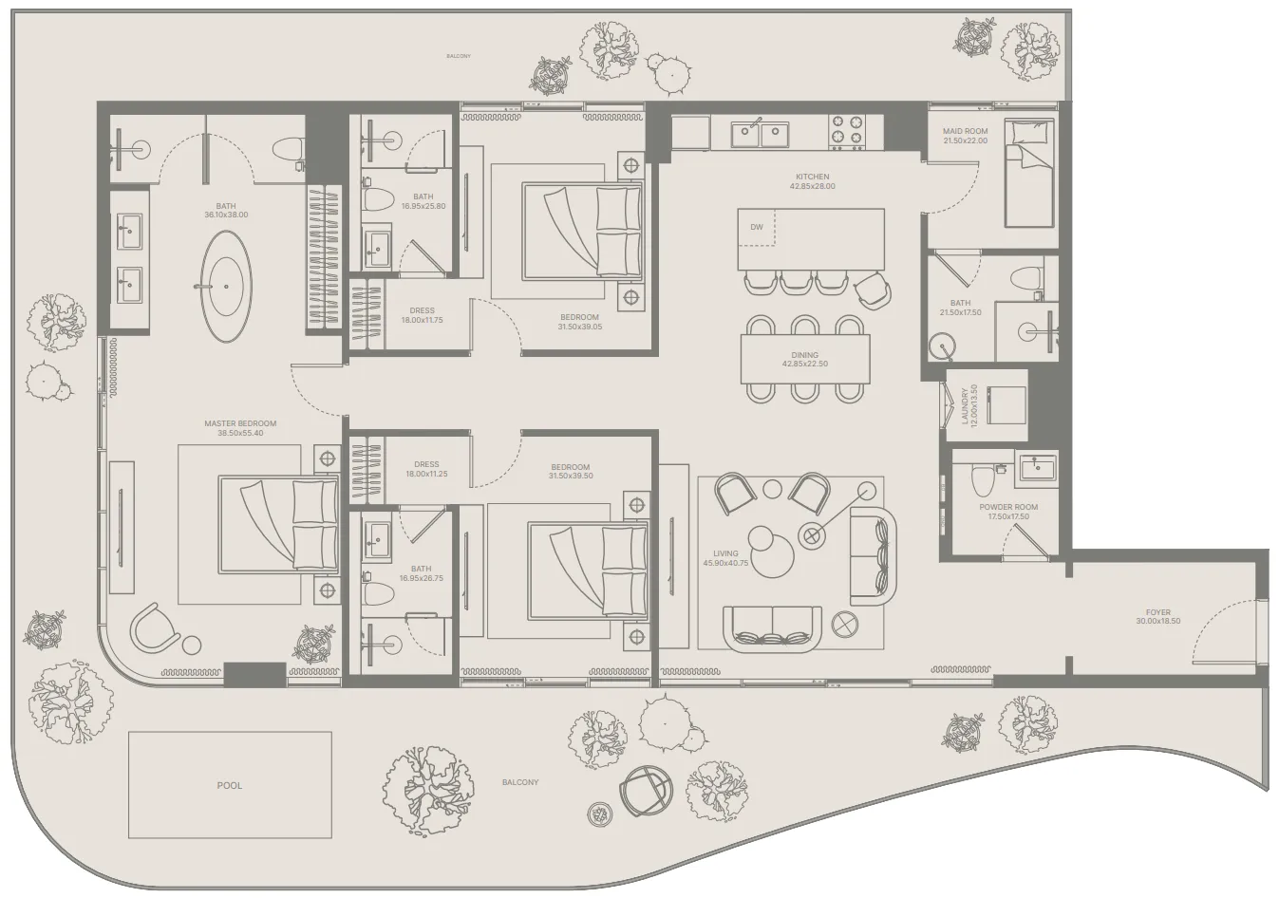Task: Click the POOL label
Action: click(x=230, y=786)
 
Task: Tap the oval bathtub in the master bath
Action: click(x=227, y=287)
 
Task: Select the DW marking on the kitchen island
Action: click(x=757, y=227)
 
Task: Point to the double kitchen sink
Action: click(x=760, y=133)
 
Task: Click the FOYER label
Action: click(x=1158, y=612)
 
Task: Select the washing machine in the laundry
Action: click(x=1006, y=404)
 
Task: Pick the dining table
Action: click(x=805, y=359)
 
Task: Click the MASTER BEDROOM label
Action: click(x=240, y=423)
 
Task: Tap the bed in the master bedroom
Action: click(x=278, y=525)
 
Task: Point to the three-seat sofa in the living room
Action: click(x=772, y=629)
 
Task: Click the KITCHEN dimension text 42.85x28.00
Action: click(x=813, y=186)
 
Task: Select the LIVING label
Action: click(x=725, y=553)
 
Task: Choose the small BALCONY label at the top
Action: click(x=459, y=56)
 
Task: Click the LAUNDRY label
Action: click(x=965, y=405)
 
